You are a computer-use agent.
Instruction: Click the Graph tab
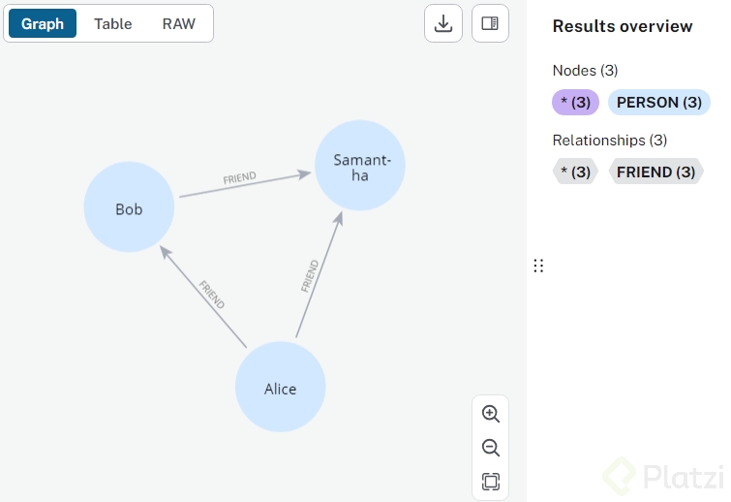43,23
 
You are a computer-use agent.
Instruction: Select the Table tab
113,23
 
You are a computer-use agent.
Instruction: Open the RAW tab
179,23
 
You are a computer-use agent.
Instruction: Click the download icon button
443,23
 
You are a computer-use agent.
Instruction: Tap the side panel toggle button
490,23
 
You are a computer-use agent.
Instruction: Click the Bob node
129,208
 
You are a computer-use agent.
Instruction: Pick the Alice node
281,389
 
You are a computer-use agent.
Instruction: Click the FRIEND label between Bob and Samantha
240,178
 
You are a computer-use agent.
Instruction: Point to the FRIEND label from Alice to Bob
211,295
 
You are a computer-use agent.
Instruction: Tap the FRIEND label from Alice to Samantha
310,276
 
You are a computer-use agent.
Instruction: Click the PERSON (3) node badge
659,102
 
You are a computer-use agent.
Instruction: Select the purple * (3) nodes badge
576,102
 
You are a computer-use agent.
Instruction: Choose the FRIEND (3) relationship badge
655,172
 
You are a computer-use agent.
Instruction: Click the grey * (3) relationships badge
575,172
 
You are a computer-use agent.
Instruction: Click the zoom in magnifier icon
491,414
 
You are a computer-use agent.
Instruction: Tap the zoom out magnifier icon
491,448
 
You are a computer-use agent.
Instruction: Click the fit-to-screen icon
491,482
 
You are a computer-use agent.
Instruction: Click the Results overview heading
623,26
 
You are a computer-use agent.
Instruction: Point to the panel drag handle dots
538,266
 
